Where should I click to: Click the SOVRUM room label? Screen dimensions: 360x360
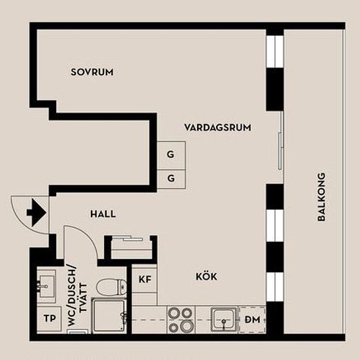[92, 72]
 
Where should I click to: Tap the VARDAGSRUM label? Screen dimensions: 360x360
[218, 128]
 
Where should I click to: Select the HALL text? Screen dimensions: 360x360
[103, 214]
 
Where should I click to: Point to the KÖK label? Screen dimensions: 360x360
[206, 276]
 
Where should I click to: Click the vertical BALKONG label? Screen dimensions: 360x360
[321, 197]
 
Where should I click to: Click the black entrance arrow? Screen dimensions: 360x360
[37, 213]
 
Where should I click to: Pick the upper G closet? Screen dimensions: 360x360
[171, 156]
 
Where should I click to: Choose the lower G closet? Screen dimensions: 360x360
[171, 179]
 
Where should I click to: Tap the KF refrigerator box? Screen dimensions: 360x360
[145, 279]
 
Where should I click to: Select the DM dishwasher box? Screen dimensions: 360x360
[252, 319]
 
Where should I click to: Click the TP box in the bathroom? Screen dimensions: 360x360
[49, 319]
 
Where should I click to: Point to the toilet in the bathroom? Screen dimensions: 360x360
[111, 287]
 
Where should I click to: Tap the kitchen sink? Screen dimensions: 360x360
[224, 319]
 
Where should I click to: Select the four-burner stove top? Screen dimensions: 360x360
[181, 319]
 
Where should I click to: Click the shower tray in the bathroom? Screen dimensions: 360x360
[109, 315]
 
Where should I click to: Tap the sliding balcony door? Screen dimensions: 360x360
[280, 152]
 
